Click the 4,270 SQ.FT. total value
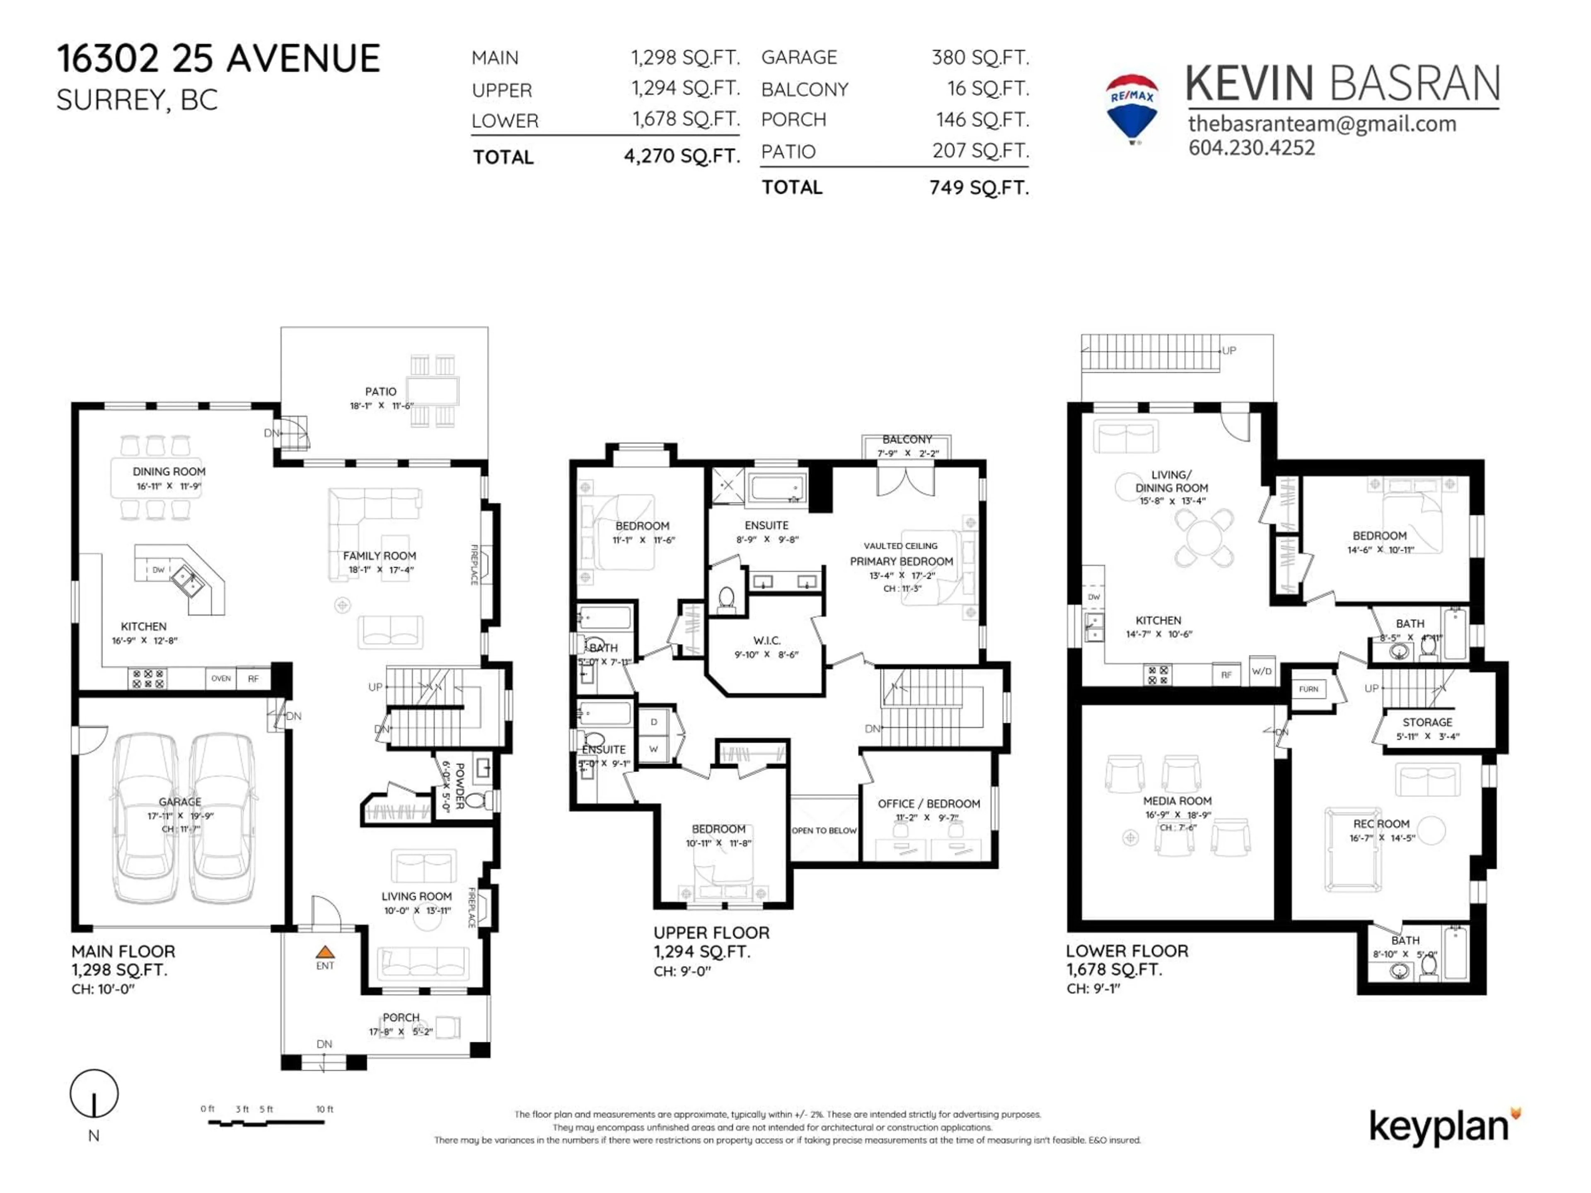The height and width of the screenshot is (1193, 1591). (x=682, y=156)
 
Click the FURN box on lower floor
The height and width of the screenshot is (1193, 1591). (x=1308, y=689)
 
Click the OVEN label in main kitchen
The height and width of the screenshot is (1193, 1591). (x=221, y=678)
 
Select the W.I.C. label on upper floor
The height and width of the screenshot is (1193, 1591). (x=767, y=640)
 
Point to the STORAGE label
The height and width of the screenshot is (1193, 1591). (x=1427, y=722)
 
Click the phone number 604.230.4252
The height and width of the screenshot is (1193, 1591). (x=1252, y=148)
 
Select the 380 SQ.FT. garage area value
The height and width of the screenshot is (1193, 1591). (x=979, y=58)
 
